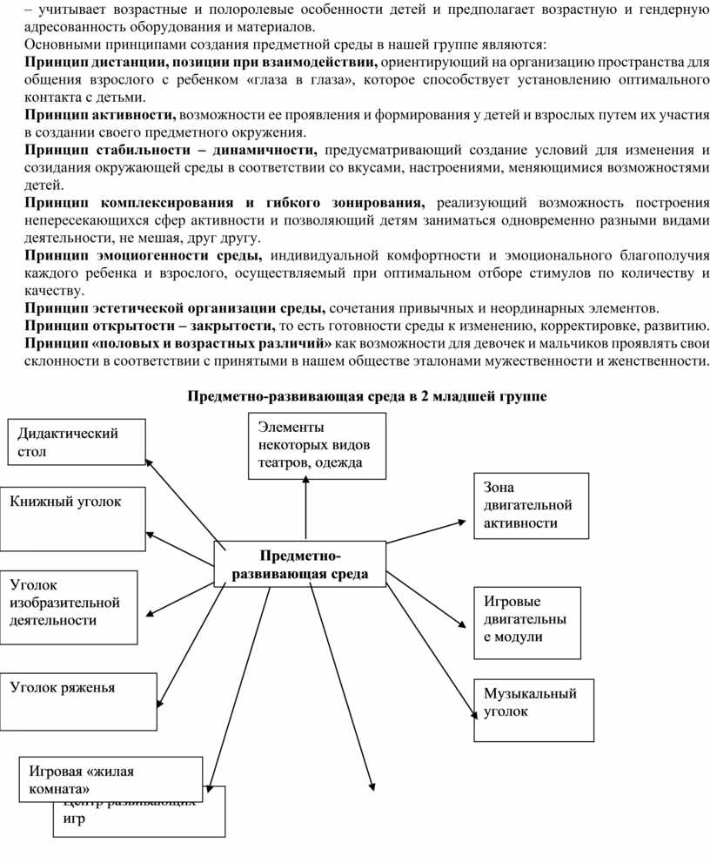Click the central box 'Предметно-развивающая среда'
pyautogui.click(x=299, y=563)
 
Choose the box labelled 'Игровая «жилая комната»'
pyautogui.click(x=111, y=779)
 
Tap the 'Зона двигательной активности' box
pyautogui.click(x=531, y=504)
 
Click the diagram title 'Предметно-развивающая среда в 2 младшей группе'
pyautogui.click(x=367, y=397)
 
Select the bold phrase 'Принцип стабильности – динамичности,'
pyautogui.click(x=171, y=151)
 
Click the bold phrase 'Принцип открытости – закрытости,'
pyautogui.click(x=148, y=327)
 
